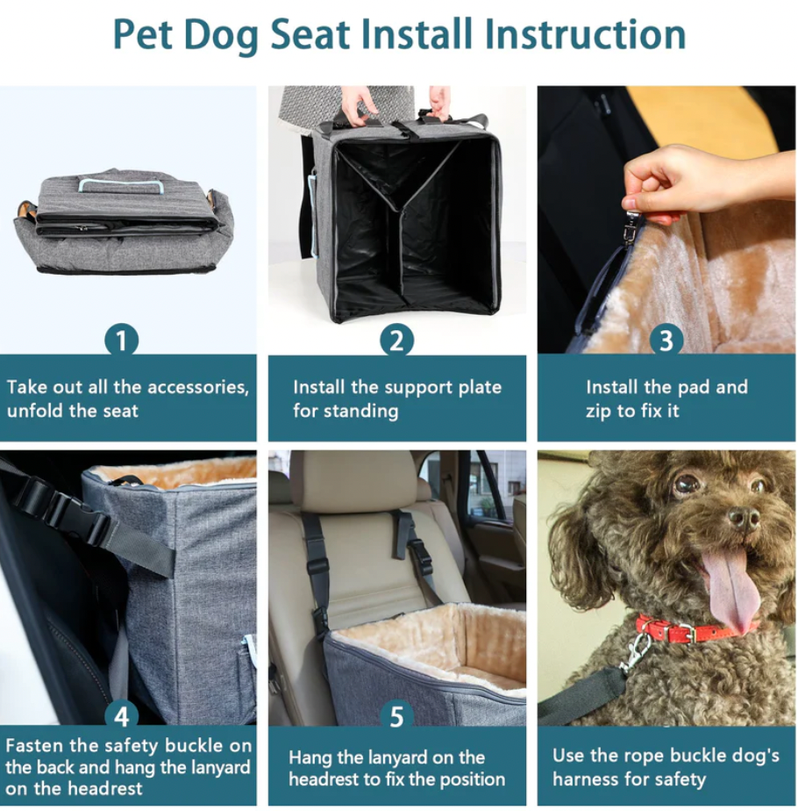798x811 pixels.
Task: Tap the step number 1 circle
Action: [x=122, y=341]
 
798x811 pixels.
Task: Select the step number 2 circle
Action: [x=397, y=341]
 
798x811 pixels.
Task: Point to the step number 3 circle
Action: [x=666, y=341]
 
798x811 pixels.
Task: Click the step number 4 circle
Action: [x=122, y=716]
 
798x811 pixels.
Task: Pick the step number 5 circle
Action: [x=397, y=716]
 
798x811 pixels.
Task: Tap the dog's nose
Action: [x=744, y=517]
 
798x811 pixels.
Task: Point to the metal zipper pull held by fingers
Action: [x=631, y=226]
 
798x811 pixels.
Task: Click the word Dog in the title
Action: [x=221, y=36]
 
